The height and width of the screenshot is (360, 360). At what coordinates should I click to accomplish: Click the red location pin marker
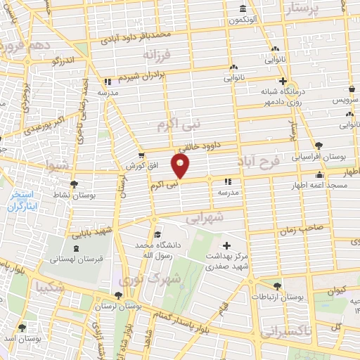[181, 167]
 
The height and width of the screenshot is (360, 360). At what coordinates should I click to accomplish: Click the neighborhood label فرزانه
[157, 54]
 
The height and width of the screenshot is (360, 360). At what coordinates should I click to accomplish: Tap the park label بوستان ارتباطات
[301, 298]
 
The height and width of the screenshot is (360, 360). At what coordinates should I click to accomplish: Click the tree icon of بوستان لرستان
[117, 296]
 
